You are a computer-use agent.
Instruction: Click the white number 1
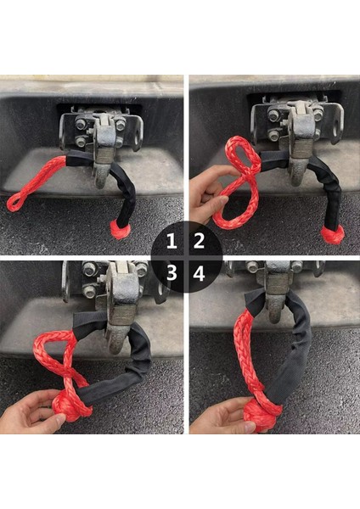pos(172,241)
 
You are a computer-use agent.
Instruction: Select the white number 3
pos(172,272)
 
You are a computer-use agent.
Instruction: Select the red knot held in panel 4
pos(262,413)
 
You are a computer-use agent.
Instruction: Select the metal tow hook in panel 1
pos(102,153)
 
